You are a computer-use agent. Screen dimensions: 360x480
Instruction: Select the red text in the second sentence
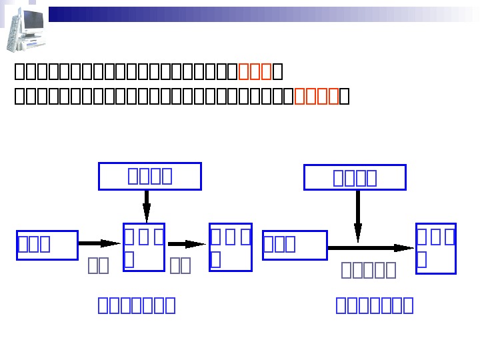(x=317, y=97)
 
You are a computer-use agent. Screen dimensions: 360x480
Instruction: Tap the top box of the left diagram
(x=149, y=176)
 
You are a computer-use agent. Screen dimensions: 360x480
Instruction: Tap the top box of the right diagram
(x=355, y=177)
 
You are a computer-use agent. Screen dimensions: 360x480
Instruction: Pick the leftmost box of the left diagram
(x=47, y=245)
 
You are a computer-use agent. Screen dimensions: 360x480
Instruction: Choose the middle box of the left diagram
(x=144, y=247)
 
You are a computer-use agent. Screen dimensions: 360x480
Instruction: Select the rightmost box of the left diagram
(x=231, y=247)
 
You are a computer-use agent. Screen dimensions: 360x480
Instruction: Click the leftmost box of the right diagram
(x=295, y=245)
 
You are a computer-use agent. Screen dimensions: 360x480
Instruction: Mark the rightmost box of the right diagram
(x=436, y=248)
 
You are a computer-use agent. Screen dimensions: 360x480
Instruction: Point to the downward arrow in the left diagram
(x=147, y=206)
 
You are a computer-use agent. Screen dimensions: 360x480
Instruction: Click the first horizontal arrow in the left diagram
(x=100, y=244)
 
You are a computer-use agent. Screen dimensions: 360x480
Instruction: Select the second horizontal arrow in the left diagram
(x=187, y=245)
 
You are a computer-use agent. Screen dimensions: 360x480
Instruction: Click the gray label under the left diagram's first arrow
(x=99, y=265)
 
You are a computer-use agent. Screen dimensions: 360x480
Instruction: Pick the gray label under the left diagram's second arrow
(x=180, y=265)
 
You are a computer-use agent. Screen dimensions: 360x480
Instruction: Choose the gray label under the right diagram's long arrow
(x=369, y=269)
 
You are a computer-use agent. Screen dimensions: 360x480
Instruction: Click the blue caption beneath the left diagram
(x=137, y=305)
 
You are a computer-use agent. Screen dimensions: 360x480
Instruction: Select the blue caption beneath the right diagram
(x=375, y=305)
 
